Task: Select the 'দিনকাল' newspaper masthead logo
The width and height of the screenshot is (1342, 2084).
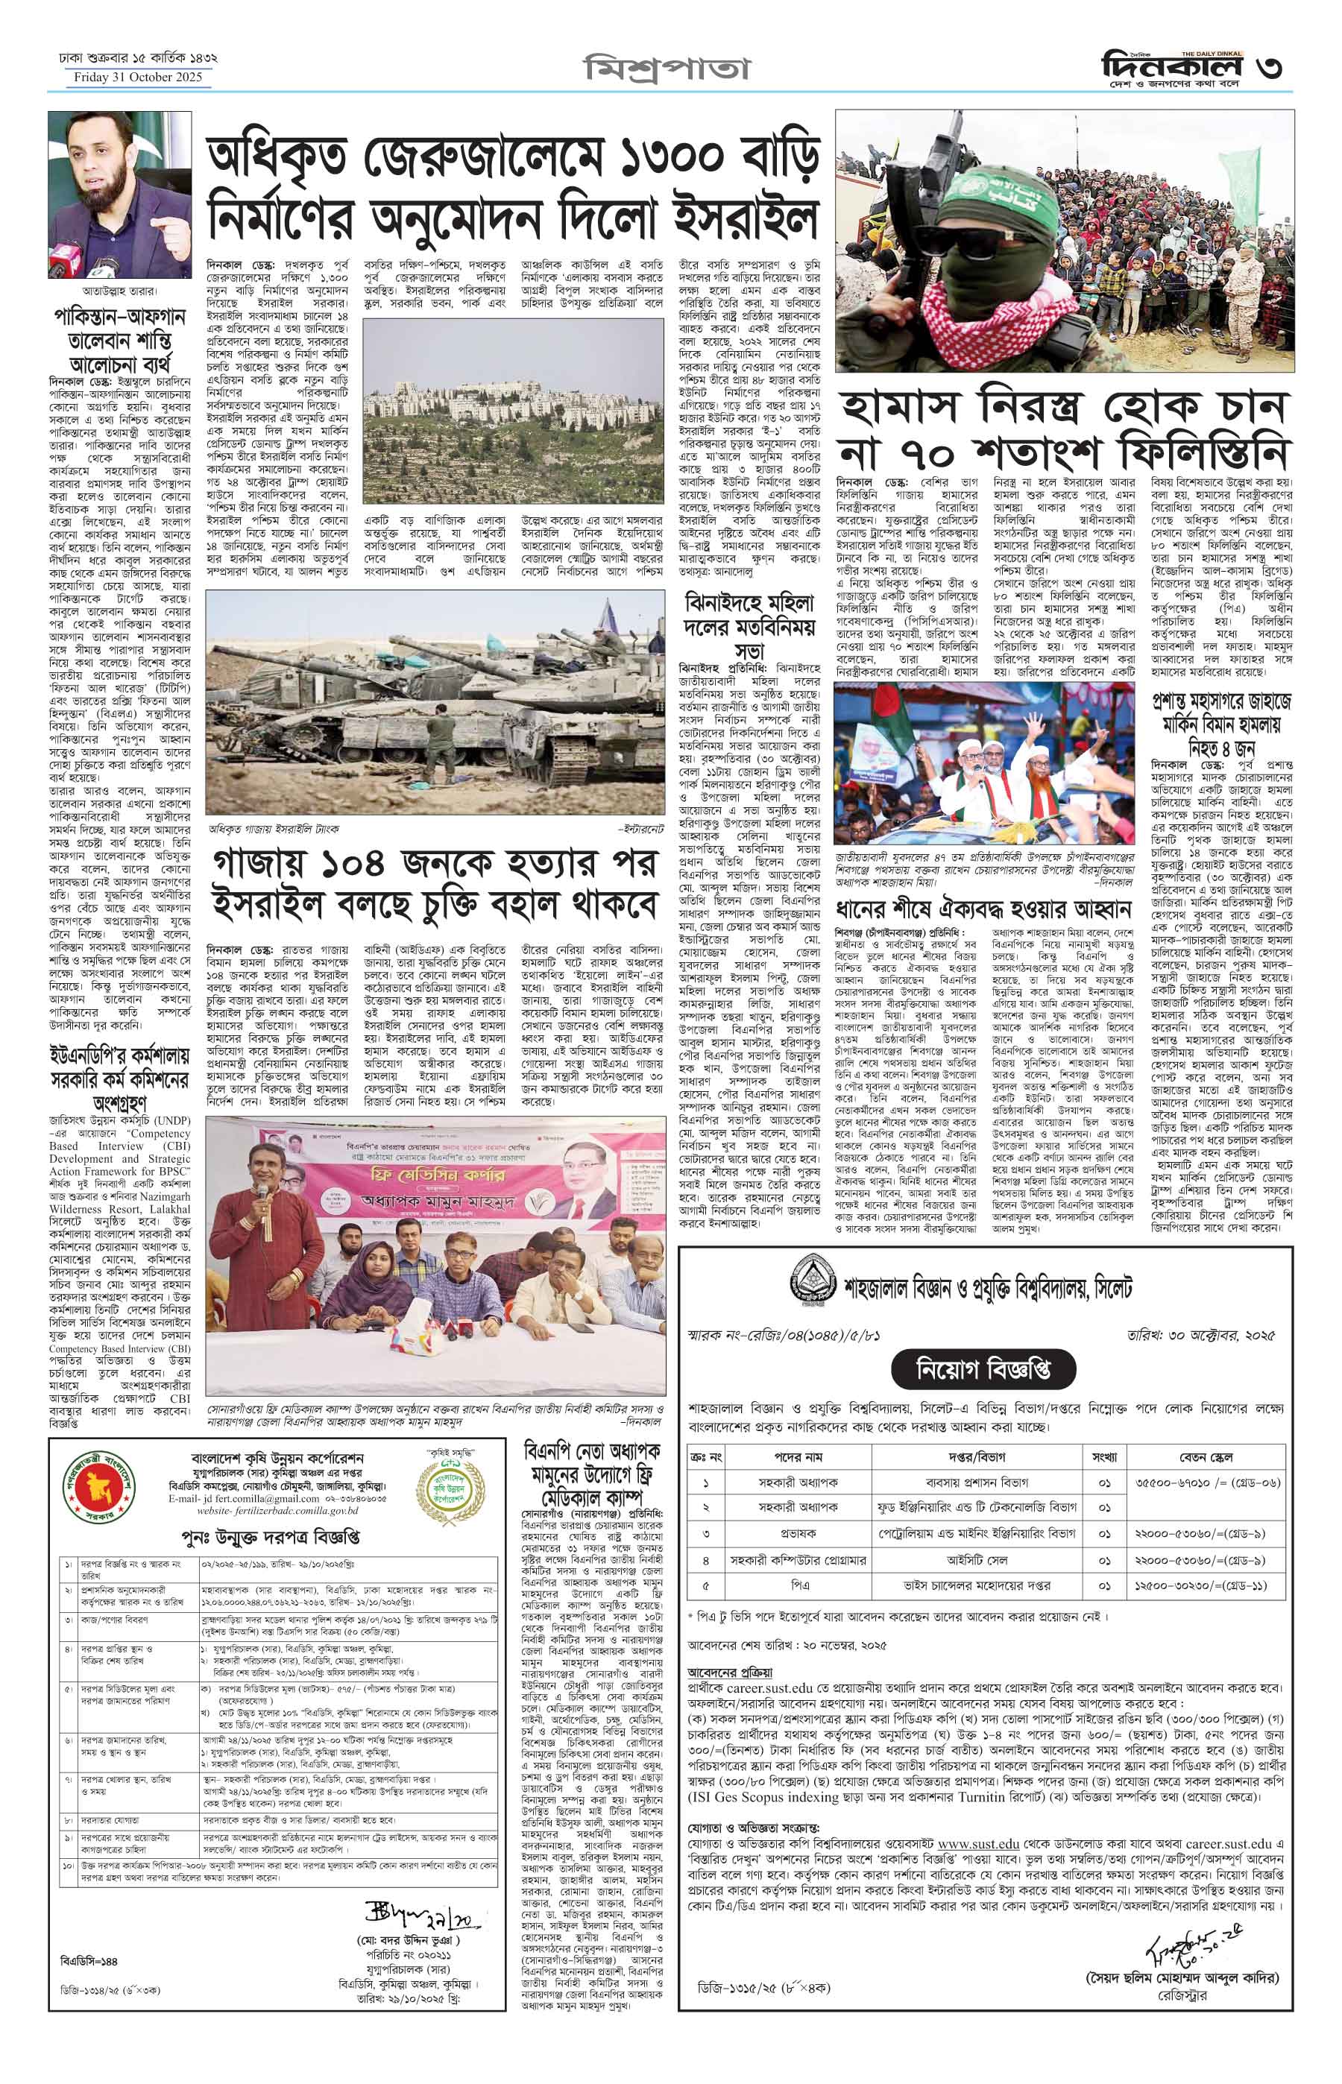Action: tap(1165, 63)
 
